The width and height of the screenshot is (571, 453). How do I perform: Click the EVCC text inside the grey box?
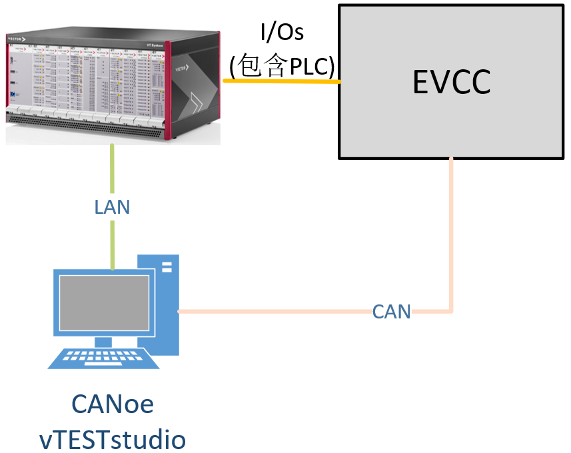451,82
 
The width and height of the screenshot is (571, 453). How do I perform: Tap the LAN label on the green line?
112,207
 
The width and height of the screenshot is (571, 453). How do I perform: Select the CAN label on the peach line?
391,311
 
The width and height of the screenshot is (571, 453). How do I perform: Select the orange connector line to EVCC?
280,81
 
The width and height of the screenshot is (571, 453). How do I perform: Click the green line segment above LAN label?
112,170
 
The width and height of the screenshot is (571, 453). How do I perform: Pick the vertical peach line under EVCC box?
452,233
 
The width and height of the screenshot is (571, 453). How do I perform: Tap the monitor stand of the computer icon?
104,342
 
